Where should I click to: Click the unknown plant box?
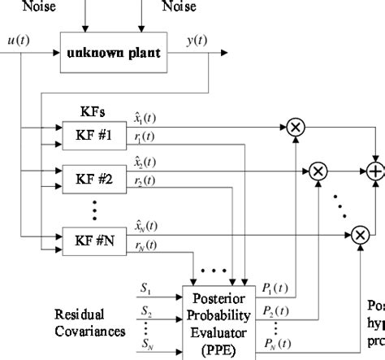(114, 54)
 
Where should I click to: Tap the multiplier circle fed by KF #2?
(318, 171)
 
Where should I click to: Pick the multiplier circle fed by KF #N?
(359, 235)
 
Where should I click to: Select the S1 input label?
(145, 288)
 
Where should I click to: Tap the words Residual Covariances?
(89, 323)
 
